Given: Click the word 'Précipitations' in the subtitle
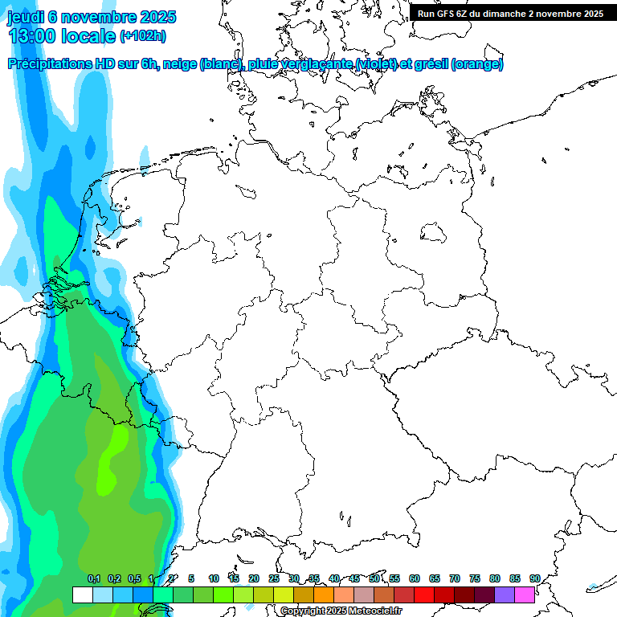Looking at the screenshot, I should (50, 64).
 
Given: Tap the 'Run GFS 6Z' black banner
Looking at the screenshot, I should (510, 14).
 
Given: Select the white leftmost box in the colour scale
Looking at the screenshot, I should (82, 595).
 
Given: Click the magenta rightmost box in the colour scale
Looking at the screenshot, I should (525, 595).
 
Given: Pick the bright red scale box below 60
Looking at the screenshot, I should (424, 595).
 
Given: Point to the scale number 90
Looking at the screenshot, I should (534, 578).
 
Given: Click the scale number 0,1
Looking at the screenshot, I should (93, 578).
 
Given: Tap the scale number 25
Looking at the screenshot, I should (274, 578).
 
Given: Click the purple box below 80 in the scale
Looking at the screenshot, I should (505, 595).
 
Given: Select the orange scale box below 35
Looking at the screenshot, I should (324, 595).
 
